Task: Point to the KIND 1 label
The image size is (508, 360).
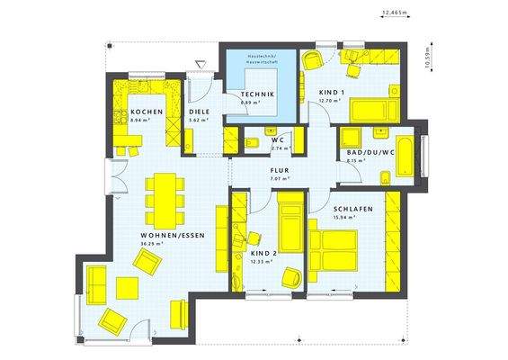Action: click(x=333, y=93)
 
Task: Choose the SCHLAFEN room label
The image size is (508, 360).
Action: click(x=329, y=208)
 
